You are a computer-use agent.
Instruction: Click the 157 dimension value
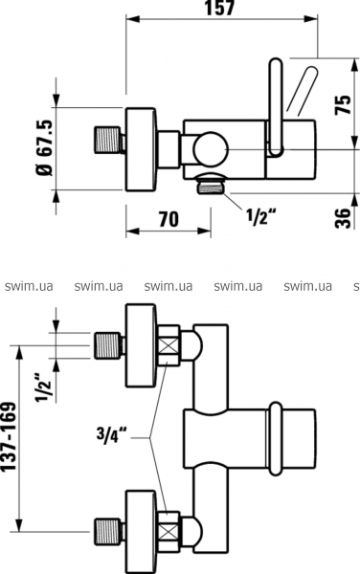point(219,8)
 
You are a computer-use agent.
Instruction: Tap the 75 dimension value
point(344,105)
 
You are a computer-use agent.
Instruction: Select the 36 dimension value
point(344,218)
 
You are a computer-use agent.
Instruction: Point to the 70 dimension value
point(169,219)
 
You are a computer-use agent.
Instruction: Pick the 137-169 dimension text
point(10,437)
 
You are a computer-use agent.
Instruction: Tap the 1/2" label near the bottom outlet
point(260,217)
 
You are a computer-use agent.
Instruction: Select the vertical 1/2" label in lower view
point(43,387)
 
